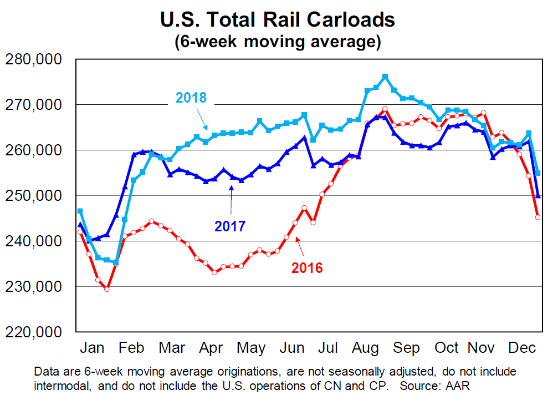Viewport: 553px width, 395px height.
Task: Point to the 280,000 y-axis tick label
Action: (x=35, y=59)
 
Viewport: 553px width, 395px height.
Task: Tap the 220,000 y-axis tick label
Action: (x=35, y=332)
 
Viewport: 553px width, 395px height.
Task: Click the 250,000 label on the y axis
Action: (x=35, y=196)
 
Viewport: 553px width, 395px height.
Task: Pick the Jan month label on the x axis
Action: (x=92, y=348)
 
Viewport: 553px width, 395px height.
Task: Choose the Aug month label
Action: (x=366, y=348)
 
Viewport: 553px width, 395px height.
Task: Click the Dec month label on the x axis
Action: (x=523, y=348)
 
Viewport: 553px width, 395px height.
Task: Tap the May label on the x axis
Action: (x=250, y=348)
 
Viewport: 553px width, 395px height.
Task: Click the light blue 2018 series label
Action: (x=191, y=98)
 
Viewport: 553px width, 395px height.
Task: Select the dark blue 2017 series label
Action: (x=229, y=226)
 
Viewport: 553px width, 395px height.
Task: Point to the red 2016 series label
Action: (x=307, y=268)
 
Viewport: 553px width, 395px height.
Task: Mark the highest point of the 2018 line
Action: (x=385, y=77)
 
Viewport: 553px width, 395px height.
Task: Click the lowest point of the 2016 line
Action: (x=106, y=289)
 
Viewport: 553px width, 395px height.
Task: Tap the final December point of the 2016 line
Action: (x=537, y=217)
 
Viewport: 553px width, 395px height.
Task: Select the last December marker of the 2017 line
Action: (x=537, y=196)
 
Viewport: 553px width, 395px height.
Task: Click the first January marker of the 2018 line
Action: (x=80, y=211)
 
